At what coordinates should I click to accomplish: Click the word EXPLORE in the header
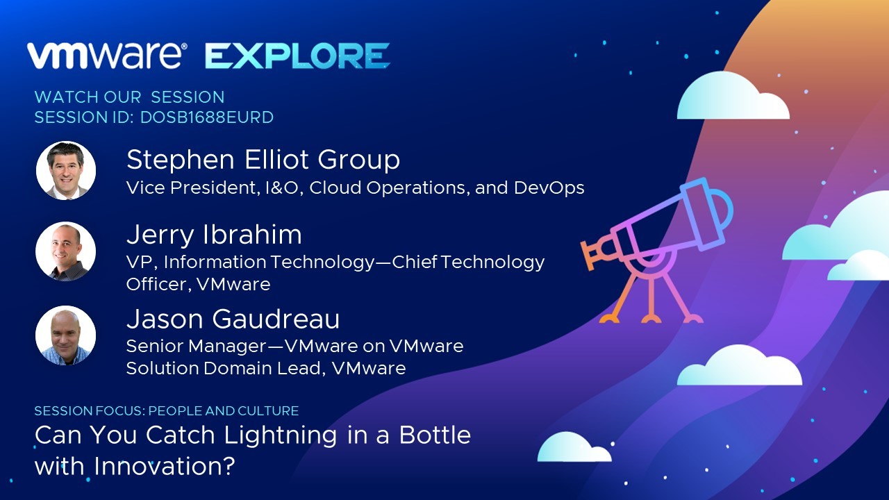(x=297, y=56)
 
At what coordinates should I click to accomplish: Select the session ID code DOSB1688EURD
(x=207, y=117)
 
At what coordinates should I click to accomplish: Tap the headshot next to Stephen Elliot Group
(x=66, y=171)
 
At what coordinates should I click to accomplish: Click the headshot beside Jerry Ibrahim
(x=66, y=251)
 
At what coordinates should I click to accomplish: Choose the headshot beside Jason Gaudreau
(x=66, y=335)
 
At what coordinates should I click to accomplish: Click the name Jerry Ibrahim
(x=215, y=235)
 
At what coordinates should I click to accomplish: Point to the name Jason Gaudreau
(x=233, y=319)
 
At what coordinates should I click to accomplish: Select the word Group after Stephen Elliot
(x=359, y=160)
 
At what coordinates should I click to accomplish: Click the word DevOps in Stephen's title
(x=549, y=187)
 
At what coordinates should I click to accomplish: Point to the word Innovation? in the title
(x=165, y=466)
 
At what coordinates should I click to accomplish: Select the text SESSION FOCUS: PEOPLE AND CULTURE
(x=167, y=410)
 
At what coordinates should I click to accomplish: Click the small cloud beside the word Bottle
(x=574, y=447)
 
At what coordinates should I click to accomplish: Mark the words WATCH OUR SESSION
(x=129, y=97)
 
